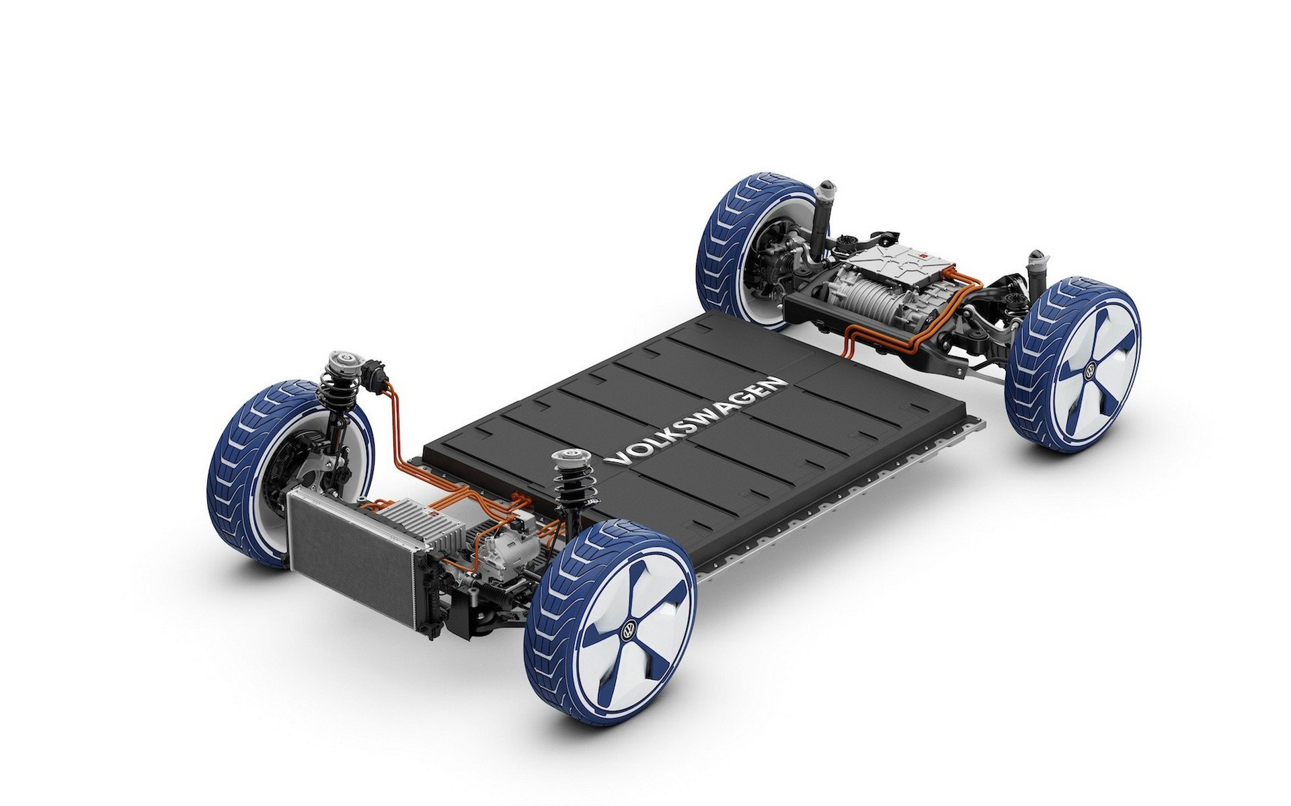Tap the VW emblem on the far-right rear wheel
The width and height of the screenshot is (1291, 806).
(x=1091, y=370)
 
